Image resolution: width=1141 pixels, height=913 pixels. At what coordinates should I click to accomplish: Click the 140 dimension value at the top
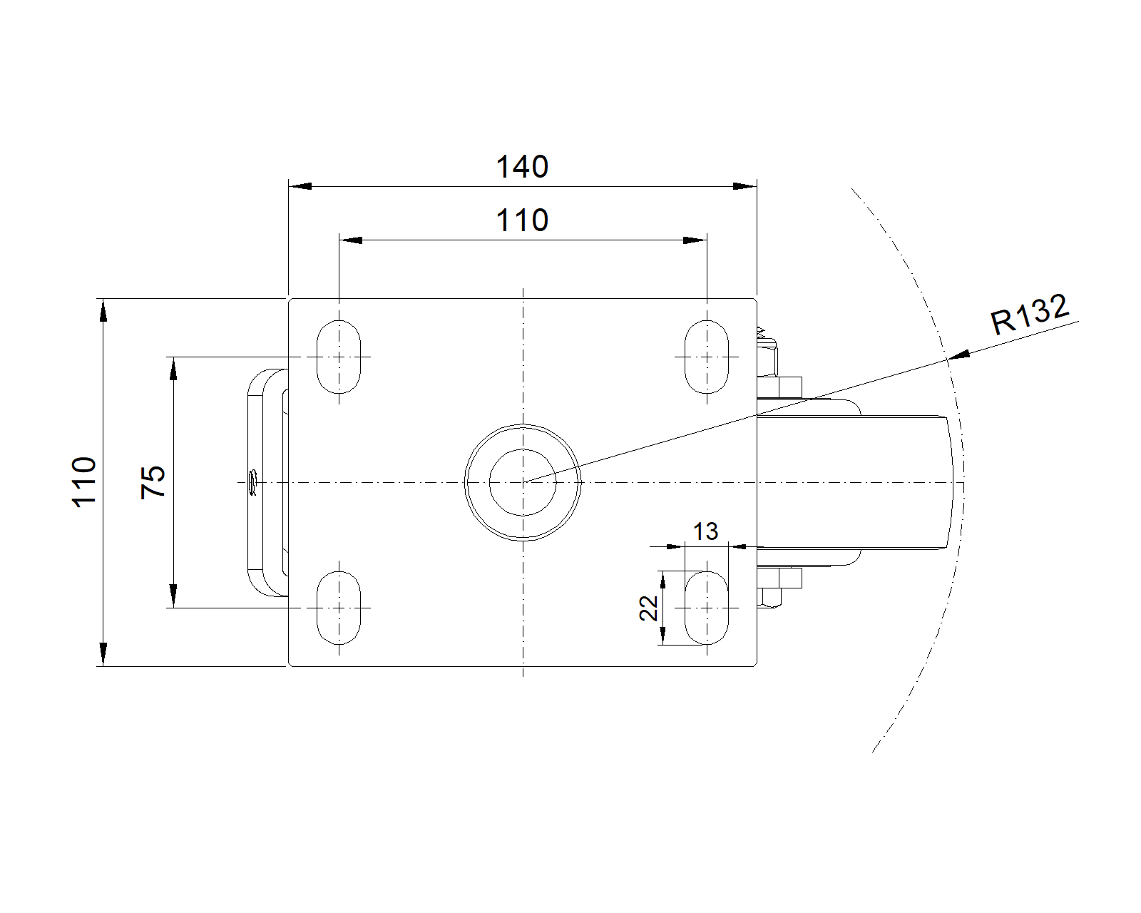pyautogui.click(x=522, y=167)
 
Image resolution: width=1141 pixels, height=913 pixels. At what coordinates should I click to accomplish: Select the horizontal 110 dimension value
pyautogui.click(x=522, y=220)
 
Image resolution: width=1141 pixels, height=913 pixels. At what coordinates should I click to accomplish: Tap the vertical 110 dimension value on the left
pyautogui.click(x=83, y=481)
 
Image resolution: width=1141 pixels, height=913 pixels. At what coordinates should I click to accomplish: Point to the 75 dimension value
pyautogui.click(x=153, y=481)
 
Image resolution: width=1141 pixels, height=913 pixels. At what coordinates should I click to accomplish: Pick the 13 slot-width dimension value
pyautogui.click(x=705, y=531)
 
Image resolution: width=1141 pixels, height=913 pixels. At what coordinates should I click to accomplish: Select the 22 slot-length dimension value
pyautogui.click(x=648, y=608)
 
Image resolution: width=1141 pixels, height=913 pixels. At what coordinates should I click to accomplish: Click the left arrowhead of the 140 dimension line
pyautogui.click(x=300, y=186)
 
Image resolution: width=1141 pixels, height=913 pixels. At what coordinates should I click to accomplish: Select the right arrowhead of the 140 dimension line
pyautogui.click(x=745, y=186)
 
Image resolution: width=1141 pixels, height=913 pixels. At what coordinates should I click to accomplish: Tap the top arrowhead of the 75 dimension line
pyautogui.click(x=173, y=369)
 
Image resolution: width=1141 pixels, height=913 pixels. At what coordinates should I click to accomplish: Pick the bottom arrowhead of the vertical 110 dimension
pyautogui.click(x=103, y=655)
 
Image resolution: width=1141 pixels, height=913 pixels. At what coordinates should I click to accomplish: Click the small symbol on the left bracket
pyautogui.click(x=252, y=481)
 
